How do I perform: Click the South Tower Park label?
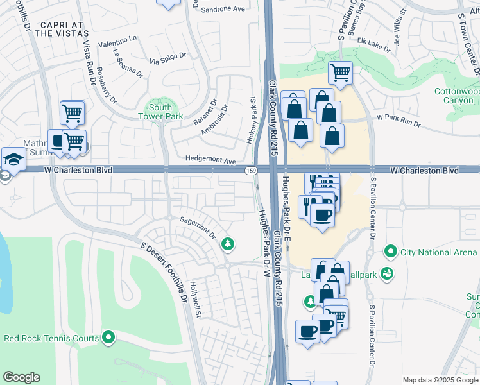[x=160, y=112]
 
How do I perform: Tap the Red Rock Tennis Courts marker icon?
[x=108, y=336]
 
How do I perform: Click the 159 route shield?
[x=252, y=170]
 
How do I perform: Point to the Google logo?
[x=21, y=377]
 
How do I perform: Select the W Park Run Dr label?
[x=398, y=119]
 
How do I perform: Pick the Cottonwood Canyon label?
[x=457, y=96]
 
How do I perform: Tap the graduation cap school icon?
[x=12, y=158]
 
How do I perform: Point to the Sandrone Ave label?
[x=223, y=10]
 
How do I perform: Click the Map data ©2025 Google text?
[x=440, y=379]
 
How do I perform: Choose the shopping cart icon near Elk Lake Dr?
[x=340, y=72]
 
